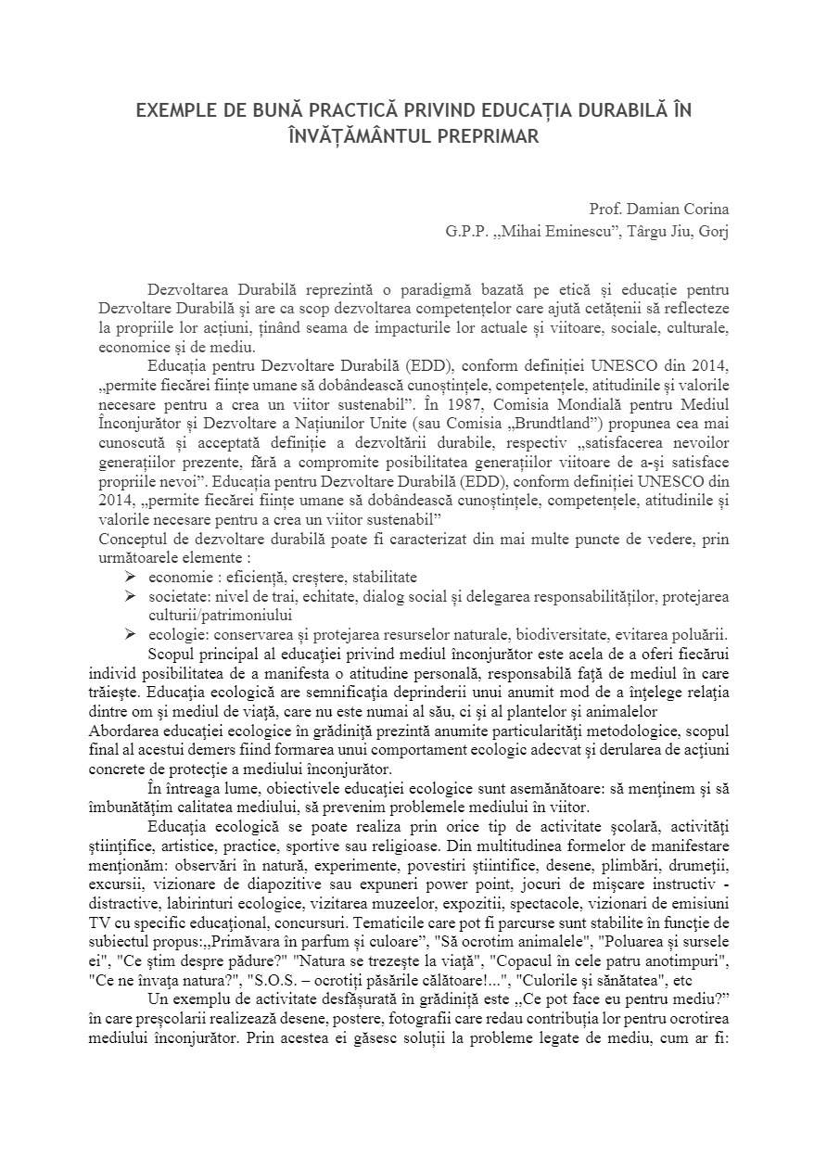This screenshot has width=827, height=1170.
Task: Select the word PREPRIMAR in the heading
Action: tap(488, 135)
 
